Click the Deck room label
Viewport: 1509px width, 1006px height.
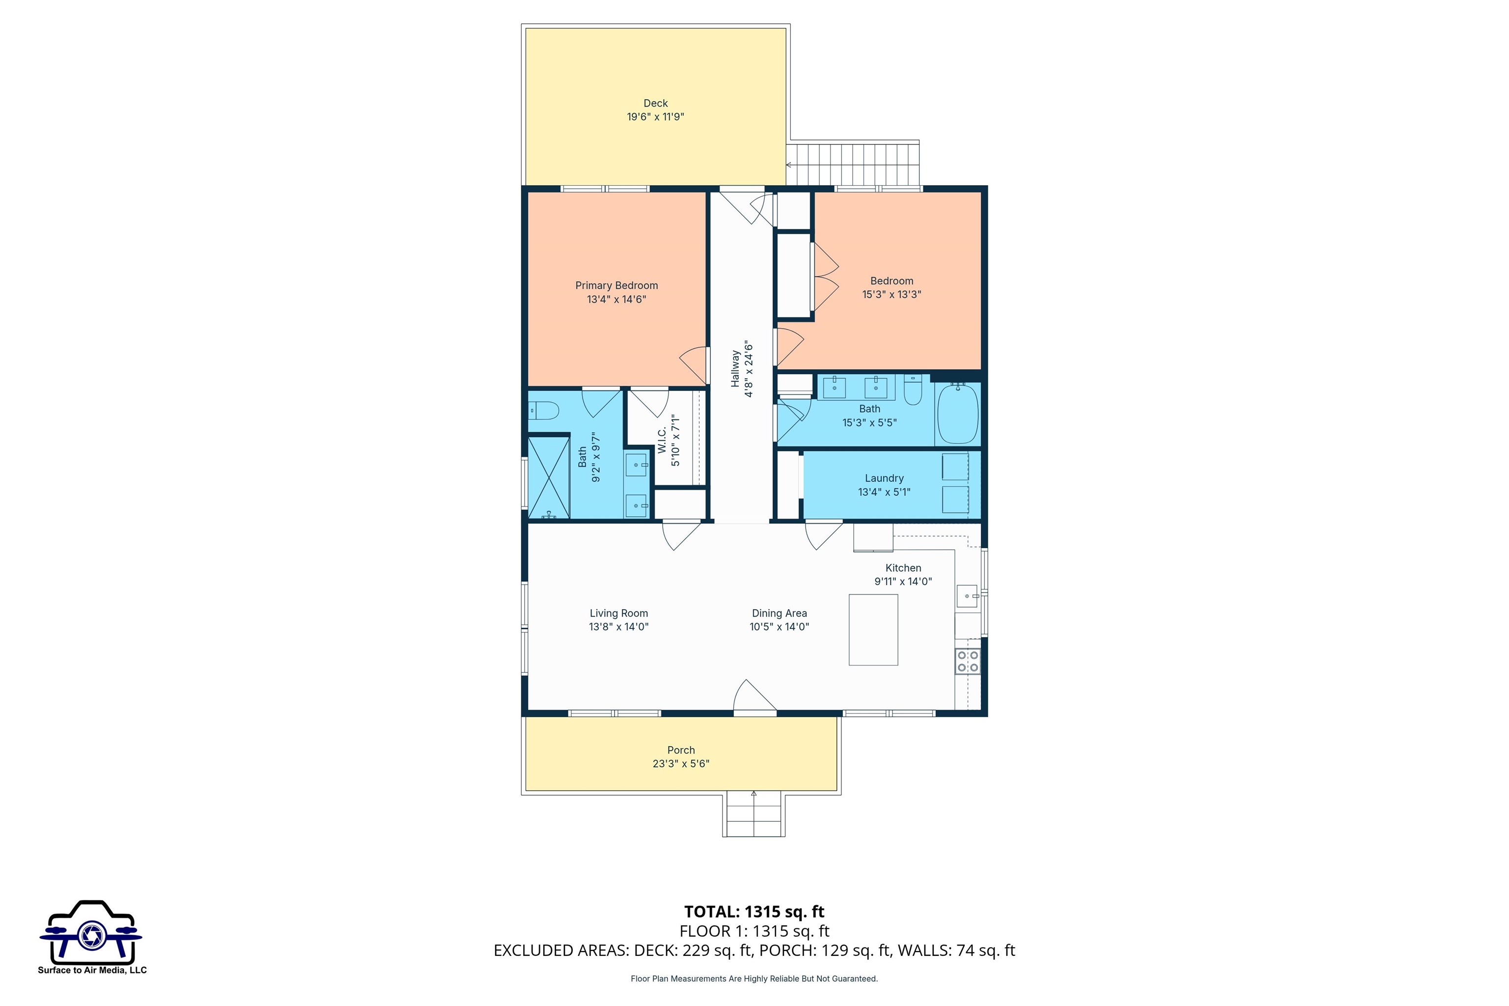tap(655, 103)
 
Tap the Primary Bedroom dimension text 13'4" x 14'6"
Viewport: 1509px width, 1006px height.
tap(616, 300)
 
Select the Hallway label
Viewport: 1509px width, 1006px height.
tap(735, 369)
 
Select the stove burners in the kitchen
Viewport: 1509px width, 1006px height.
tap(968, 661)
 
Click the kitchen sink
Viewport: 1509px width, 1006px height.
tap(966, 596)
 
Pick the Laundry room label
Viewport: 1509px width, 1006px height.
tap(884, 478)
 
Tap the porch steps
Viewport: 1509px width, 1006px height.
tap(754, 815)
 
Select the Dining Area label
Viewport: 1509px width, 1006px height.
tap(779, 614)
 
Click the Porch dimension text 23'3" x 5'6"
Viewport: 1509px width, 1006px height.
tap(681, 763)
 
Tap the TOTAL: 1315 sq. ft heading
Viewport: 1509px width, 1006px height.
tap(754, 912)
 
